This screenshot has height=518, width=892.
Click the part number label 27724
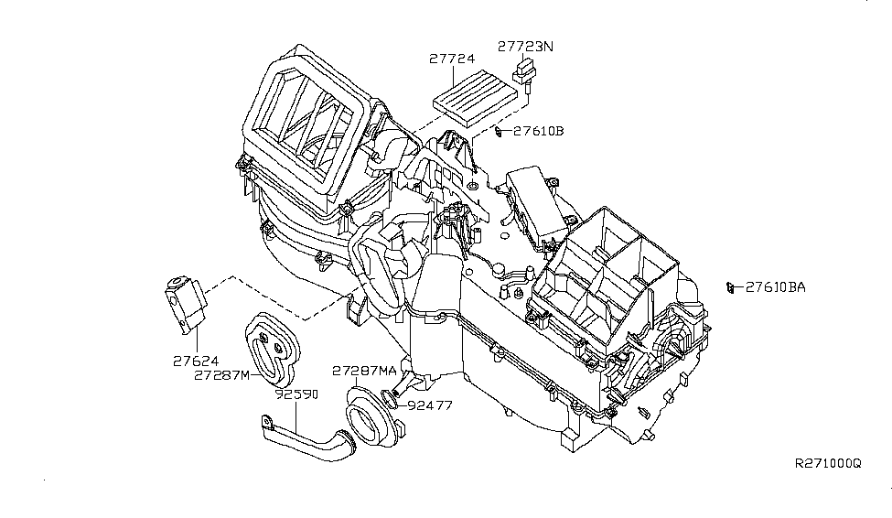click(x=452, y=59)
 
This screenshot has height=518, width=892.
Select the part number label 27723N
click(x=526, y=45)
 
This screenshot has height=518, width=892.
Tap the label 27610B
click(x=538, y=132)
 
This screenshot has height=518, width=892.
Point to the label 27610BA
click(x=775, y=286)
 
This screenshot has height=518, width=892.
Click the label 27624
click(x=196, y=361)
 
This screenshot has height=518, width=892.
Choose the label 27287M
click(x=221, y=375)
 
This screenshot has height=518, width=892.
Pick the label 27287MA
click(x=364, y=371)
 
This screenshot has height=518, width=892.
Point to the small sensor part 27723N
click(x=524, y=72)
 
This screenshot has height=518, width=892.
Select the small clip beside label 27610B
click(x=498, y=132)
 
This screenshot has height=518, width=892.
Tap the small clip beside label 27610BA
click(x=730, y=287)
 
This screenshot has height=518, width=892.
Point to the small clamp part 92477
click(x=392, y=399)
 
